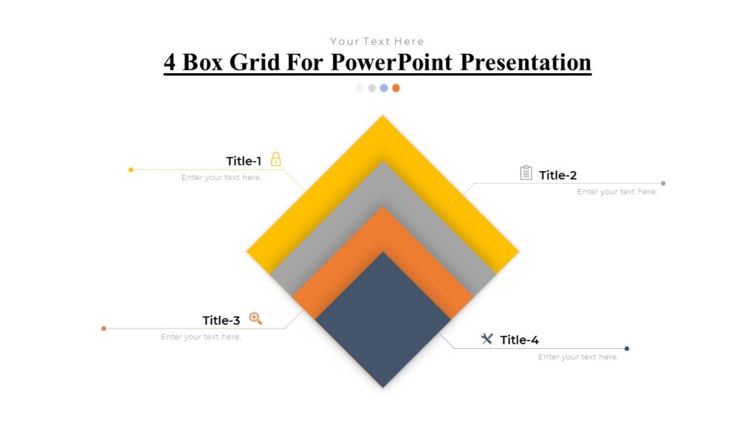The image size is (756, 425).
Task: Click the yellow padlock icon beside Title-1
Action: point(275,159)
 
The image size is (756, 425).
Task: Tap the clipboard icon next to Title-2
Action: point(526,173)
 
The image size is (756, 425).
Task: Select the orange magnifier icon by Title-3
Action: point(255,318)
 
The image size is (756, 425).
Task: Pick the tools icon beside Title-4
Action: point(487,339)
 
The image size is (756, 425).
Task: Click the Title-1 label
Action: point(244,161)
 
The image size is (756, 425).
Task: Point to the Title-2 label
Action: point(557,175)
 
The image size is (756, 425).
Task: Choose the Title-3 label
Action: point(221,320)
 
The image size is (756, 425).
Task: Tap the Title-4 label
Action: point(519,339)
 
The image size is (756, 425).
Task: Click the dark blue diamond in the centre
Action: point(382,319)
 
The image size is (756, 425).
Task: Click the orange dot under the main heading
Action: point(396,88)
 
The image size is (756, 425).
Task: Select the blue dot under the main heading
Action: point(384,88)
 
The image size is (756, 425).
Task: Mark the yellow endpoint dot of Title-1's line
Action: point(131,170)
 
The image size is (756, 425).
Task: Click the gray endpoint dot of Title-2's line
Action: point(663,183)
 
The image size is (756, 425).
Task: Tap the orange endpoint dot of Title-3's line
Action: point(103,328)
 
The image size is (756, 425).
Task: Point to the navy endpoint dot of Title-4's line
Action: point(627,348)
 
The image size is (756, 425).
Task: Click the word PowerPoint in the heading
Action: point(391,62)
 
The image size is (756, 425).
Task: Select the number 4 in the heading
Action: point(170,62)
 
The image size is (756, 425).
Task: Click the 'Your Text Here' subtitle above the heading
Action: point(377,41)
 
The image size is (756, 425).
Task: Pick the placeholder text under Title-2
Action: point(616,192)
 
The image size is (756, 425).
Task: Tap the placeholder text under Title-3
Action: point(201,337)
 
